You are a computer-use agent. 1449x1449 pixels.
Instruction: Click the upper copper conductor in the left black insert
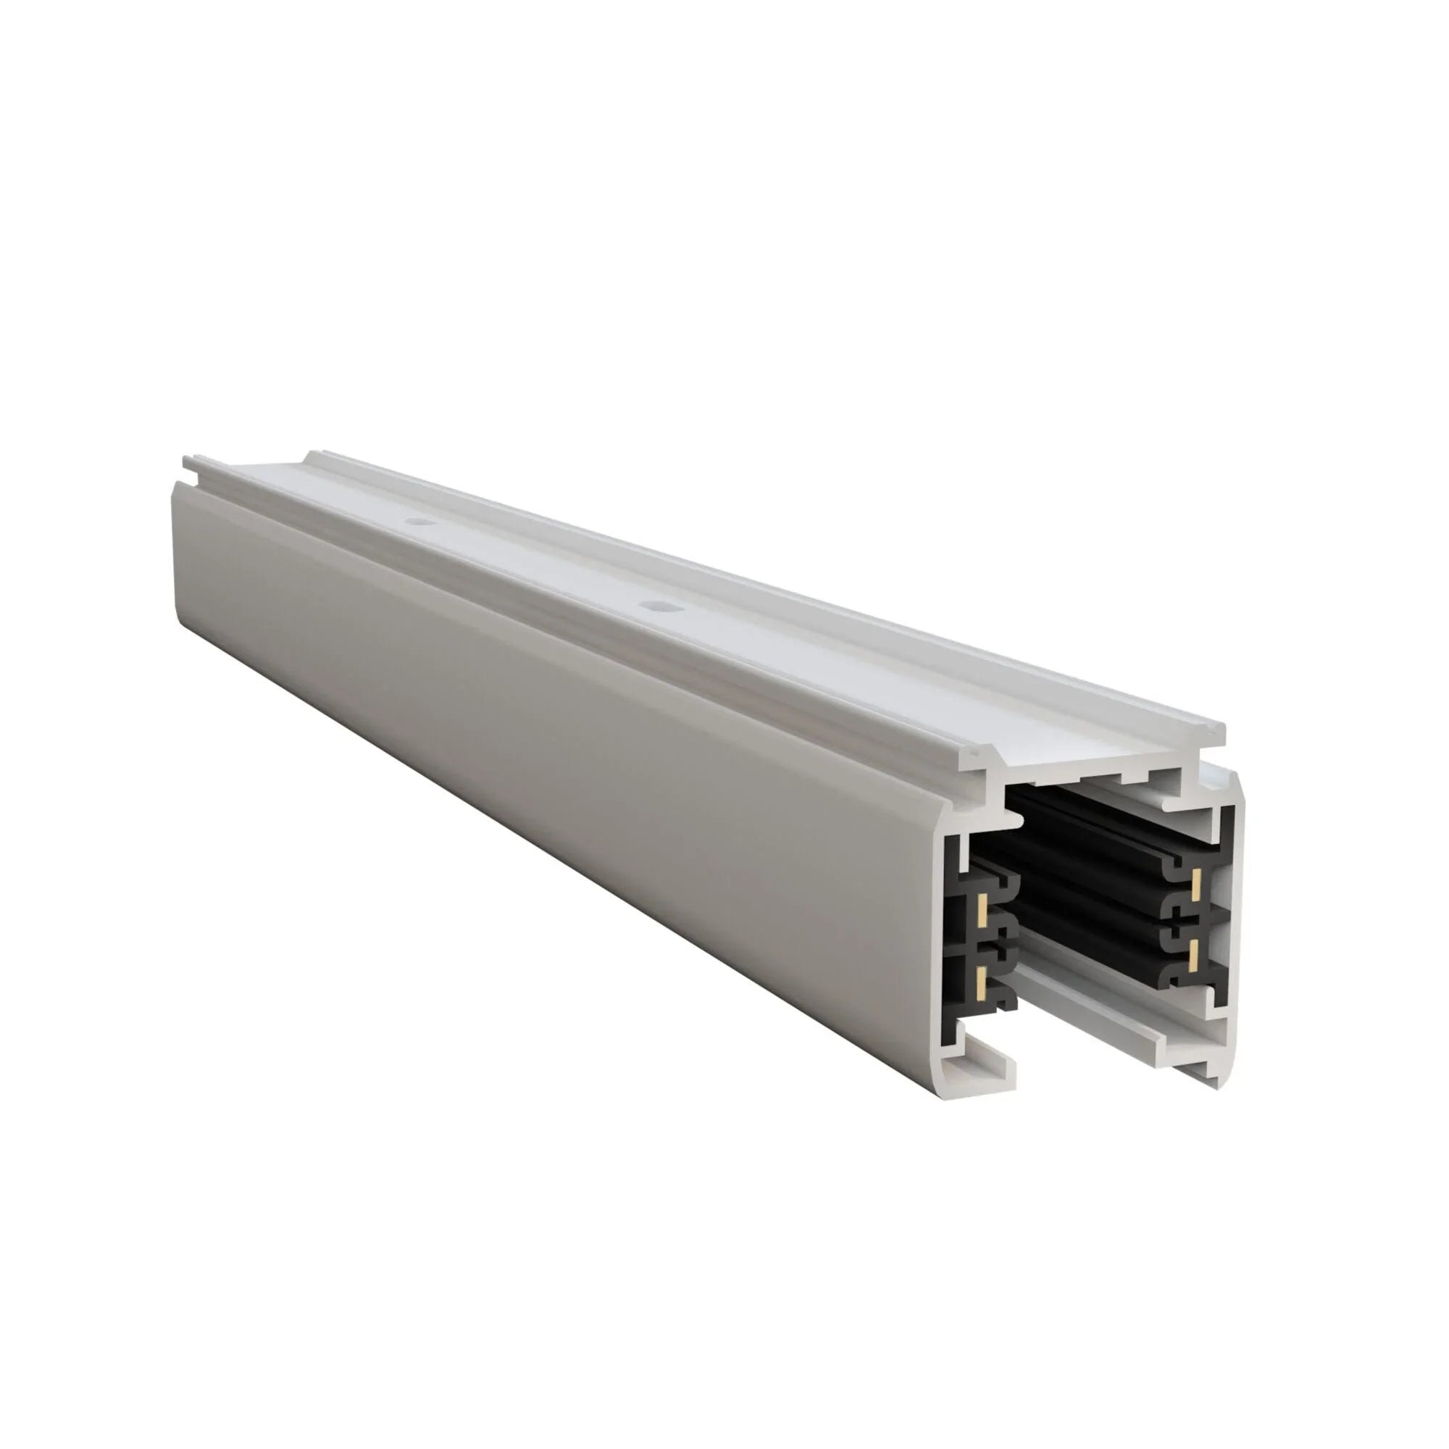[982, 910]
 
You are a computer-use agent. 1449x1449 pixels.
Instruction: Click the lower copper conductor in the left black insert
[982, 977]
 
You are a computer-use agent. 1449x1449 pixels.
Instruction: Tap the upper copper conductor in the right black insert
[1197, 886]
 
